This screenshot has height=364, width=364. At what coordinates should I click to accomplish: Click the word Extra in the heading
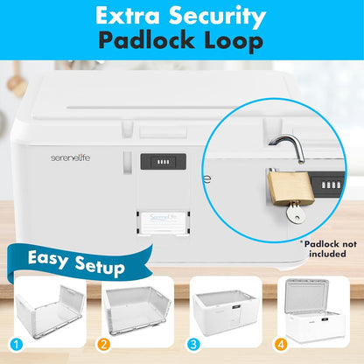tap(128, 16)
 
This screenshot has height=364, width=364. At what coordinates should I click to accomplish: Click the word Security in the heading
tap(217, 17)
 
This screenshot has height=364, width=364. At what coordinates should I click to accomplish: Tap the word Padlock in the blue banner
tap(146, 40)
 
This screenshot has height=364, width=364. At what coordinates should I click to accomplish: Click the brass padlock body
tap(290, 188)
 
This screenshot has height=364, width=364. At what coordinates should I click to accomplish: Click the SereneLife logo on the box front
tap(71, 157)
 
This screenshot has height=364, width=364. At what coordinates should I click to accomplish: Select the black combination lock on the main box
tap(164, 162)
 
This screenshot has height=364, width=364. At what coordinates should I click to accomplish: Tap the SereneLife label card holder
tap(163, 222)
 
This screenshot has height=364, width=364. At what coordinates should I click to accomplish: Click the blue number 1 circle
tap(17, 345)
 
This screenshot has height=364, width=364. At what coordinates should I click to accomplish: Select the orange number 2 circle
tap(104, 345)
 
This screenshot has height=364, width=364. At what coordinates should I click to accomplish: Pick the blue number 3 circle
tap(193, 345)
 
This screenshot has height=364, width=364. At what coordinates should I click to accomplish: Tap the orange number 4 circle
tap(280, 345)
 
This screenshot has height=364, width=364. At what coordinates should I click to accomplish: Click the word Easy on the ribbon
tap(48, 259)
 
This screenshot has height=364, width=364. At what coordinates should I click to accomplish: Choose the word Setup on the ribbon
tap(100, 266)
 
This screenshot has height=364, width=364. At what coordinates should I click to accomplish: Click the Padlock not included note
tap(329, 248)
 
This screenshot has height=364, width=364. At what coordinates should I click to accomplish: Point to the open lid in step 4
tap(307, 295)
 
